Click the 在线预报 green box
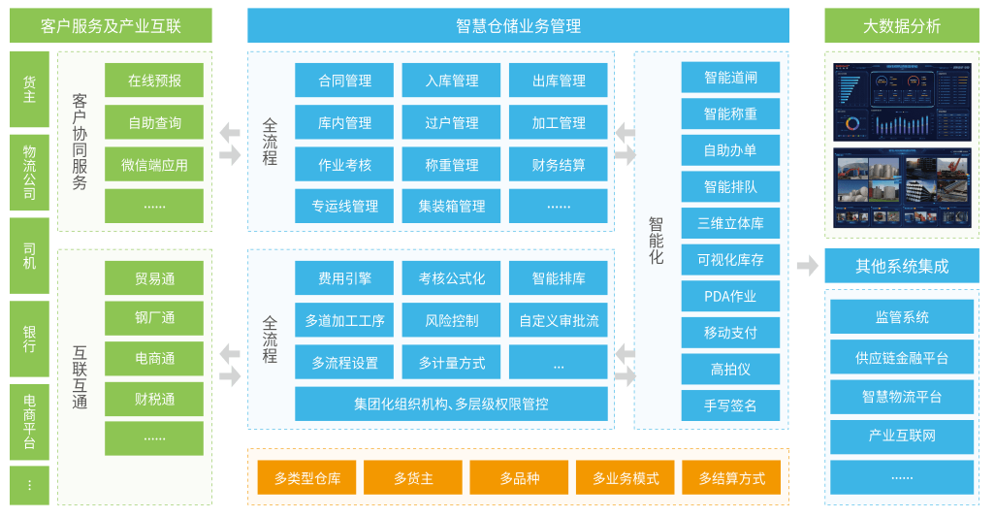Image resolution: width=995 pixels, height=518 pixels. coord(154,81)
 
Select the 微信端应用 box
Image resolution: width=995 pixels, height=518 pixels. coord(154,165)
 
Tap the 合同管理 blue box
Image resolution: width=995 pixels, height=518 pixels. coord(344,81)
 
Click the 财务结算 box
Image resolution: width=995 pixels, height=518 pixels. coord(559,165)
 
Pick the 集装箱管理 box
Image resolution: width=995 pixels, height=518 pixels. coord(451,207)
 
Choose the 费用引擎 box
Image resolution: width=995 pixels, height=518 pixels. coord(344,278)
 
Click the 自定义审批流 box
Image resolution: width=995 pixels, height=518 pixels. coord(559,320)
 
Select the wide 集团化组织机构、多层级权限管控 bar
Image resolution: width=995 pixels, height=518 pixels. coord(451,404)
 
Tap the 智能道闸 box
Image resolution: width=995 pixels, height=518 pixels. coord(730,78)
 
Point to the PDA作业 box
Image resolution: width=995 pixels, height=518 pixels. coord(730,296)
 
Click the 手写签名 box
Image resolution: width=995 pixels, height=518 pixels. coord(730,405)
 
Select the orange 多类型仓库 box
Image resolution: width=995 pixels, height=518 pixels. coord(306,477)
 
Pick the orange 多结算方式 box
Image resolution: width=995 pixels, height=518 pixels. coord(731,477)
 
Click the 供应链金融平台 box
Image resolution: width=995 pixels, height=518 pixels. coord(901,357)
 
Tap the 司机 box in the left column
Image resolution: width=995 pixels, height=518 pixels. coord(29,256)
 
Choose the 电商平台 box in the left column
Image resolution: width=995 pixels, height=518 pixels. coord(29,421)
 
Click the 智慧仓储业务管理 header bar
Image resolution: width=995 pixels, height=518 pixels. coord(518,26)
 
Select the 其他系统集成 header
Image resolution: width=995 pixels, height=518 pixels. coord(901,266)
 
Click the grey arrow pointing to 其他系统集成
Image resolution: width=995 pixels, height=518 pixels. coord(807,266)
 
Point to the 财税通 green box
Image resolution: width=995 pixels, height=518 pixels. coord(154,399)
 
